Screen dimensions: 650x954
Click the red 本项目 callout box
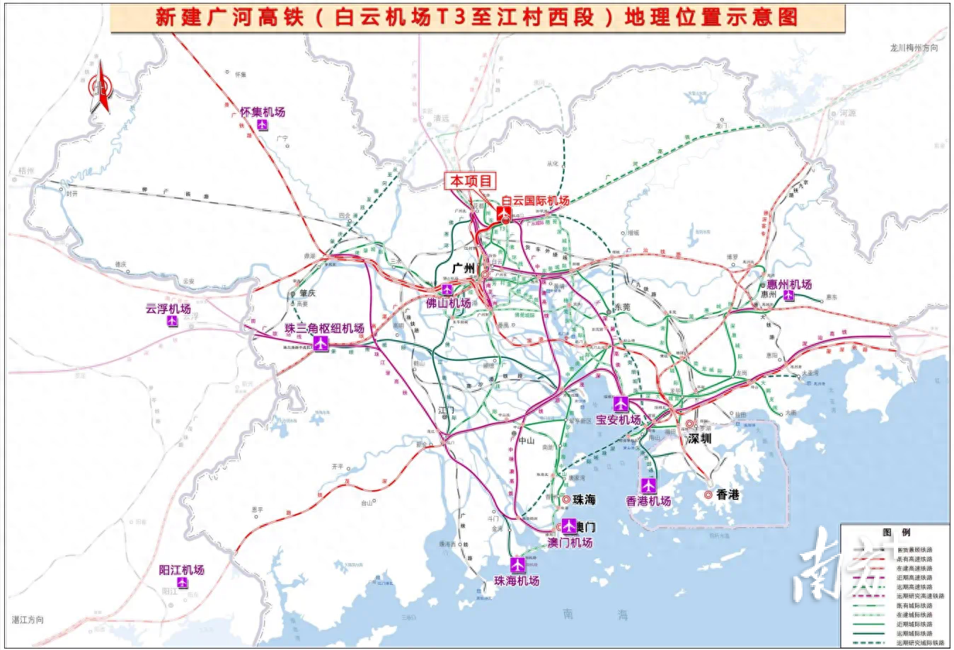(x=471, y=181)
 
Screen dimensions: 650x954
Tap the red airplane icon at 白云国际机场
(x=505, y=213)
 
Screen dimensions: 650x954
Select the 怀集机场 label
(x=263, y=112)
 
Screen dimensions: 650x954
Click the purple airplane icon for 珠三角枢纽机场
(x=321, y=344)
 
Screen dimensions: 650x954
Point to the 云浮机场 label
(x=168, y=308)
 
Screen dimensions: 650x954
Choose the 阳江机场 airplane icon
(x=182, y=583)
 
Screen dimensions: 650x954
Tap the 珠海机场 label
(x=517, y=581)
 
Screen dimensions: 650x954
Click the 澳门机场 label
(x=570, y=543)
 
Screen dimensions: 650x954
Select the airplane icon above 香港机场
(x=648, y=486)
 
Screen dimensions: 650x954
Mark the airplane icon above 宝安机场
(x=621, y=405)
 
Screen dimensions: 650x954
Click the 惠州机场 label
(x=789, y=284)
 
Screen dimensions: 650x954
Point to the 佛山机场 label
(x=449, y=303)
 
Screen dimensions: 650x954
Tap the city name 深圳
(x=699, y=439)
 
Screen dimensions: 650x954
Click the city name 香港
(x=728, y=494)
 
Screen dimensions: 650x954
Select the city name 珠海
(x=585, y=499)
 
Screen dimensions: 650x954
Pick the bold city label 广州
(x=463, y=269)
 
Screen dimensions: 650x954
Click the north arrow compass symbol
(x=100, y=88)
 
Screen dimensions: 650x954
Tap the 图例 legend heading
(x=897, y=533)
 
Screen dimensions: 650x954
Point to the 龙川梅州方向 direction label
(x=914, y=48)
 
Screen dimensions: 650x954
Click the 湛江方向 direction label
(x=28, y=620)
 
